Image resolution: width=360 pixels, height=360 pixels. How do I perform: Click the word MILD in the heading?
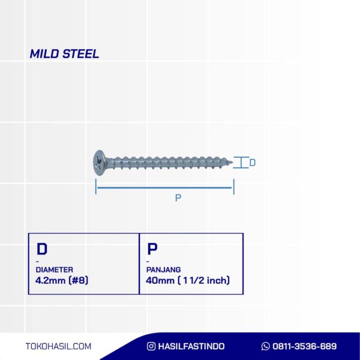click(x=44, y=54)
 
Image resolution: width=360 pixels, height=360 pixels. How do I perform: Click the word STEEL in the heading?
click(x=81, y=54)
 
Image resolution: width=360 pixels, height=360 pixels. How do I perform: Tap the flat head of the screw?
click(x=100, y=163)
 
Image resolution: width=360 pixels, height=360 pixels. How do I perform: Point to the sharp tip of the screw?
click(x=232, y=163)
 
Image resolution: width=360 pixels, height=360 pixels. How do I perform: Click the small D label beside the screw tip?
click(x=253, y=163)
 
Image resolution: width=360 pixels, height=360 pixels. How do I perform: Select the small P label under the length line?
click(x=178, y=197)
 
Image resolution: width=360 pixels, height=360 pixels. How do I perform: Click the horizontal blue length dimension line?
click(x=164, y=188)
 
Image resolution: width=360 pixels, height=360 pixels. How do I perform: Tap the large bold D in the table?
click(x=42, y=249)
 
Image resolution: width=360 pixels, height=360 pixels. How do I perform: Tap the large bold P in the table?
click(x=152, y=249)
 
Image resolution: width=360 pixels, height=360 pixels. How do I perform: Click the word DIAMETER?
click(x=55, y=270)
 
